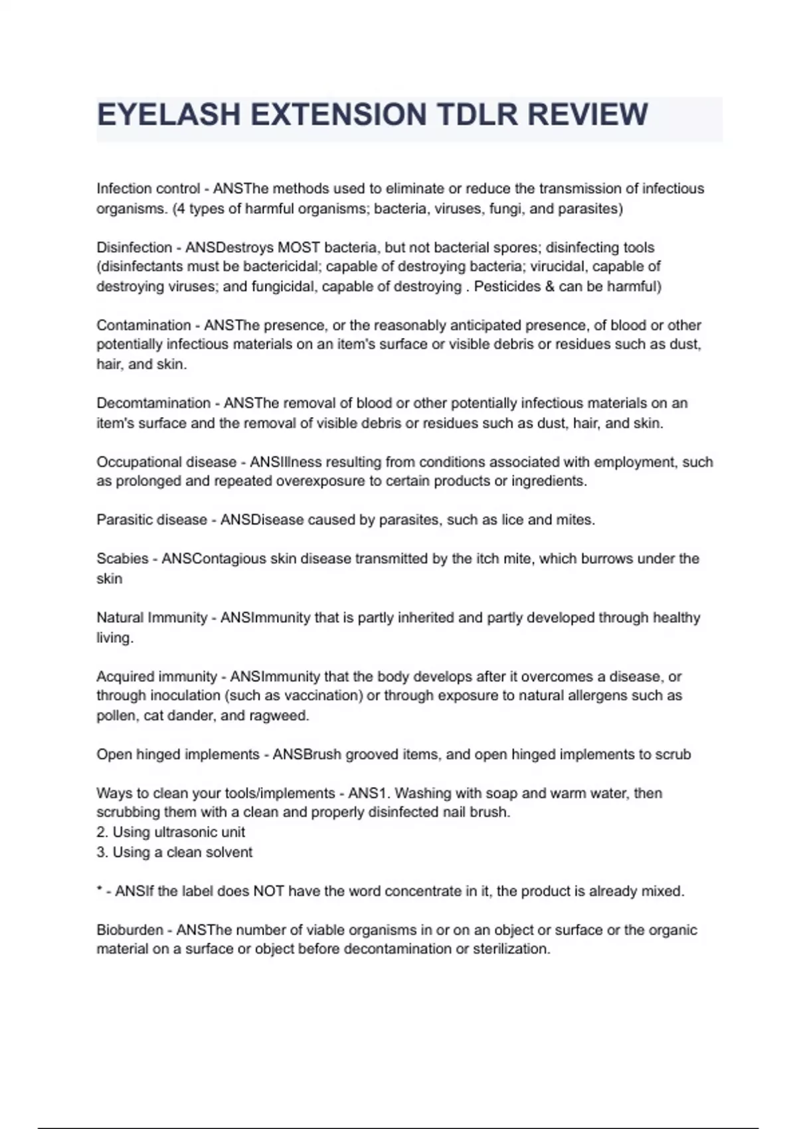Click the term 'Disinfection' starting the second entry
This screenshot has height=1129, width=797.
[x=134, y=248]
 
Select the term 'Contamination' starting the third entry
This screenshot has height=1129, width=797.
[x=143, y=325]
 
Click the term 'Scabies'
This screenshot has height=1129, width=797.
[x=122, y=559]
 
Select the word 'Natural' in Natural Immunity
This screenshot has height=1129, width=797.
[x=120, y=618]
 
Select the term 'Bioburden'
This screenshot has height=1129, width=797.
[x=130, y=930]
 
